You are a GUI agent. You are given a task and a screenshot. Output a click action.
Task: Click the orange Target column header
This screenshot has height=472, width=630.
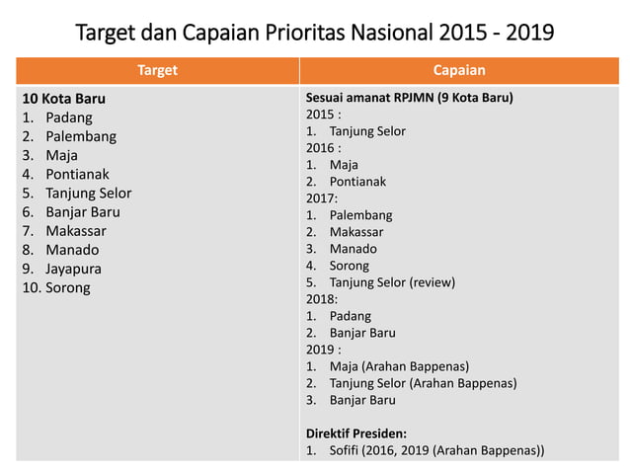157,71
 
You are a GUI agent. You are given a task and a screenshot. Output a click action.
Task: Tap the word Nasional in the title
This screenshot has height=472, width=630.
396,33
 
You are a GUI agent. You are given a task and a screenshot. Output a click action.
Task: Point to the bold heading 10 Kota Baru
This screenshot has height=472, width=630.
64,99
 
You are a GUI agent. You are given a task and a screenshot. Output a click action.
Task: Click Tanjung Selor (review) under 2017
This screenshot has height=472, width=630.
392,281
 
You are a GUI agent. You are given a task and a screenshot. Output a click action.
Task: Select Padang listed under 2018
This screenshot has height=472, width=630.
351,316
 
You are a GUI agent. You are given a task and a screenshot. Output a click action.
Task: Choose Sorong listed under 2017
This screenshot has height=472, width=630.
350,265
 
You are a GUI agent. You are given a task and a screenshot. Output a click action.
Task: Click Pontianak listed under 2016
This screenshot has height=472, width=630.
358,182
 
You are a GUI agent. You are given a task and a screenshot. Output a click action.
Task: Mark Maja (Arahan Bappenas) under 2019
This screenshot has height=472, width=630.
399,366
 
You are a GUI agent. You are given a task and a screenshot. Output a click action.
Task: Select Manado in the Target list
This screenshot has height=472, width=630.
72,250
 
